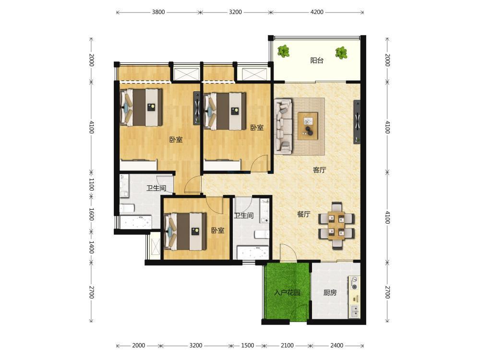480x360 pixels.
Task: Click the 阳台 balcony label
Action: pyautogui.click(x=316, y=60)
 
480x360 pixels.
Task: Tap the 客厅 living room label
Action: pyautogui.click(x=319, y=169)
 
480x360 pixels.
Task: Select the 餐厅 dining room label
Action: pyautogui.click(x=303, y=214)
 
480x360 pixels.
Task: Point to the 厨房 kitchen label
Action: pyautogui.click(x=330, y=293)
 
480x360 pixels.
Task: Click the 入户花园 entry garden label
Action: pyautogui.click(x=287, y=293)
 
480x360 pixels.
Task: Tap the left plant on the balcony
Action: pyautogui.click(x=284, y=51)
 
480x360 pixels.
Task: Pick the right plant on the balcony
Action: pyautogui.click(x=341, y=53)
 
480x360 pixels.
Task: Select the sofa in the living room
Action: pyautogui.click(x=283, y=126)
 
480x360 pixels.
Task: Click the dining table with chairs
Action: pyautogui.click(x=336, y=226)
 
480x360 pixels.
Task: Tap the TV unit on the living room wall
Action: pyautogui.click(x=357, y=121)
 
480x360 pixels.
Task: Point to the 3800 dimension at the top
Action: pyautogui.click(x=158, y=12)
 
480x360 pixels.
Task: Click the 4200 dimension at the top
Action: pyautogui.click(x=317, y=12)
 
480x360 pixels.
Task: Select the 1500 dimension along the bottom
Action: pyautogui.click(x=247, y=346)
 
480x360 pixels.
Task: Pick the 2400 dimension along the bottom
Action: pyautogui.click(x=336, y=346)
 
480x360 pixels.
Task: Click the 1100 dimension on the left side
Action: pyautogui.click(x=91, y=185)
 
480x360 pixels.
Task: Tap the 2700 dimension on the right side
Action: pyautogui.click(x=387, y=292)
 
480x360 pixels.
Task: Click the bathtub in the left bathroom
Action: pyautogui.click(x=136, y=222)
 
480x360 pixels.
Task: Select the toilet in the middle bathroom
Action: pyautogui.click(x=262, y=234)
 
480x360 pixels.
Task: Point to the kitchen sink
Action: pyautogui.click(x=355, y=311)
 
